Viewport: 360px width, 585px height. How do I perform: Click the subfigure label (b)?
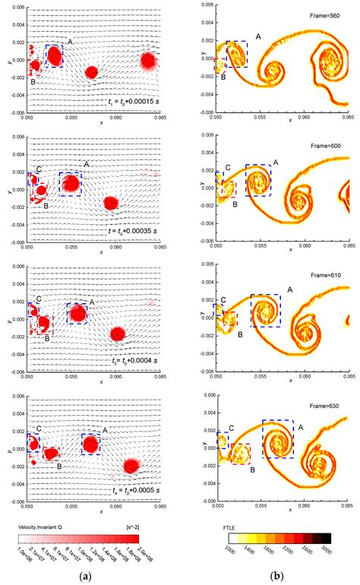(282, 576)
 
